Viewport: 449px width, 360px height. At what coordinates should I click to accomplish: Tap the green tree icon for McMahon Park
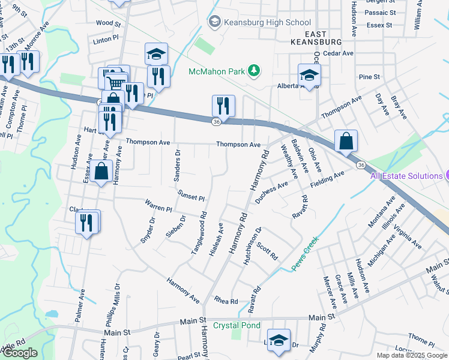(x=255, y=71)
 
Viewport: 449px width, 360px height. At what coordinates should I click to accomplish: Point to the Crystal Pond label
(x=239, y=325)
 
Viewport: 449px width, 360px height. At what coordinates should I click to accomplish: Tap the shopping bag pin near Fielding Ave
(x=346, y=142)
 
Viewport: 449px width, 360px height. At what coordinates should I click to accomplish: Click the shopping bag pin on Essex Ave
(x=102, y=171)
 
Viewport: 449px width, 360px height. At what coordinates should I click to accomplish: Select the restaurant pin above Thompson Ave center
(x=223, y=106)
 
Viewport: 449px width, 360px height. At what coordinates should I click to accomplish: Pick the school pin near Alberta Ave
(x=309, y=75)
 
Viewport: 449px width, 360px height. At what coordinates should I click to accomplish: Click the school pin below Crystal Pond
(x=279, y=340)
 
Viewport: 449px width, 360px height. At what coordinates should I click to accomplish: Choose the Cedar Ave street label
(x=338, y=53)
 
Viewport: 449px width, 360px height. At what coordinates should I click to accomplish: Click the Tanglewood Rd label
(x=199, y=235)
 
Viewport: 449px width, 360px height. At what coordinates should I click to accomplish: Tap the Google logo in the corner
(x=20, y=353)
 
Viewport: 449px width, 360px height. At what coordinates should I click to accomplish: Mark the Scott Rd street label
(x=267, y=251)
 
